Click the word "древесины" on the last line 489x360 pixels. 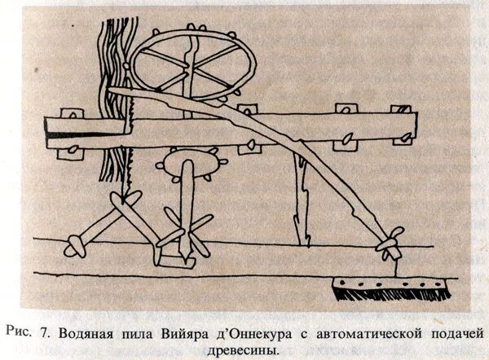242,350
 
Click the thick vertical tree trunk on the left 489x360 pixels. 110,106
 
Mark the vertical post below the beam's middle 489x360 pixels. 302,195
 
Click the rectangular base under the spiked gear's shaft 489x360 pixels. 176,257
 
